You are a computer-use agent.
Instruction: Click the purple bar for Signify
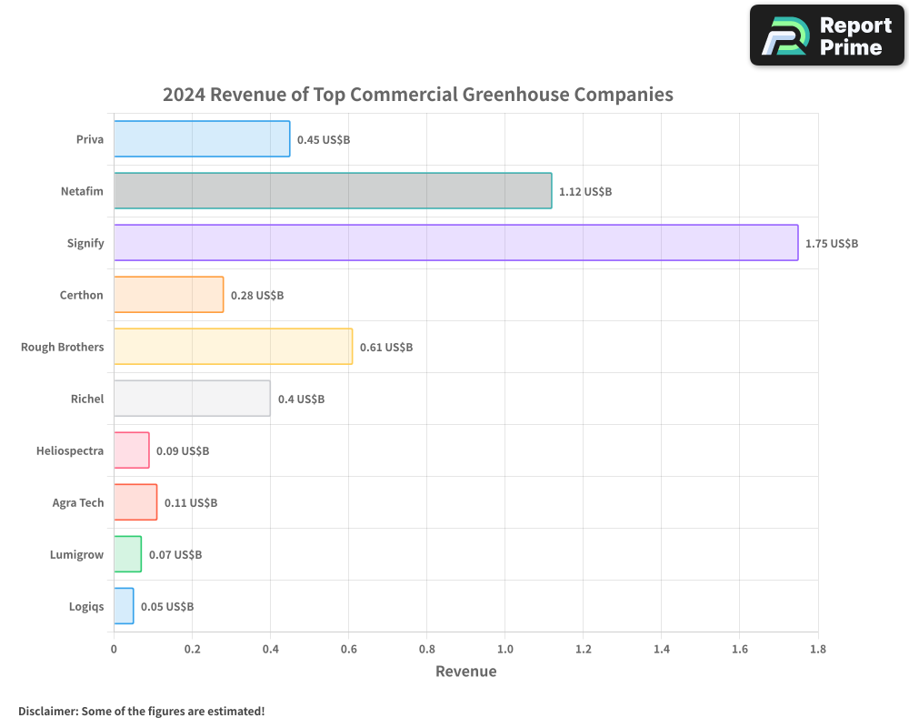tap(455, 243)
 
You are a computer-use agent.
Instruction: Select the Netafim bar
tap(333, 191)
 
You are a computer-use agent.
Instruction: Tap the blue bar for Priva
tap(202, 139)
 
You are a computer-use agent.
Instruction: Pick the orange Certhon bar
tap(168, 295)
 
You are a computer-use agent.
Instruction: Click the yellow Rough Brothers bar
tap(233, 347)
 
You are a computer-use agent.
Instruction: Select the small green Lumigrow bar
tap(127, 554)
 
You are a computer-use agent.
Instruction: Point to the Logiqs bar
tap(124, 606)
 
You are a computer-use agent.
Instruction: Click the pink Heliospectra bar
tap(131, 450)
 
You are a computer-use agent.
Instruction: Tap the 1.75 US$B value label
tap(832, 244)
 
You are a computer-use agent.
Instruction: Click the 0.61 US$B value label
tap(386, 348)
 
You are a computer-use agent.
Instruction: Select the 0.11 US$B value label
tap(191, 503)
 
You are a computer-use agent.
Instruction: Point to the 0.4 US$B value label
tap(301, 399)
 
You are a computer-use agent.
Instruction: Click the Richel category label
tap(87, 399)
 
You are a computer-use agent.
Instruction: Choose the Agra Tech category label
tap(78, 502)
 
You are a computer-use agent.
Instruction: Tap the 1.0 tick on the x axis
tap(504, 649)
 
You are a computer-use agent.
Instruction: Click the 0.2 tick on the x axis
tap(192, 649)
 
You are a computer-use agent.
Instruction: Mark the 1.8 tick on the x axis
tap(817, 649)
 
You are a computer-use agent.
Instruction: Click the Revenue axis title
tap(465, 672)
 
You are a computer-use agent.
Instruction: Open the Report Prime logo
tap(827, 35)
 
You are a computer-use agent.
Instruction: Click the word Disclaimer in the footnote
tap(47, 711)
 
